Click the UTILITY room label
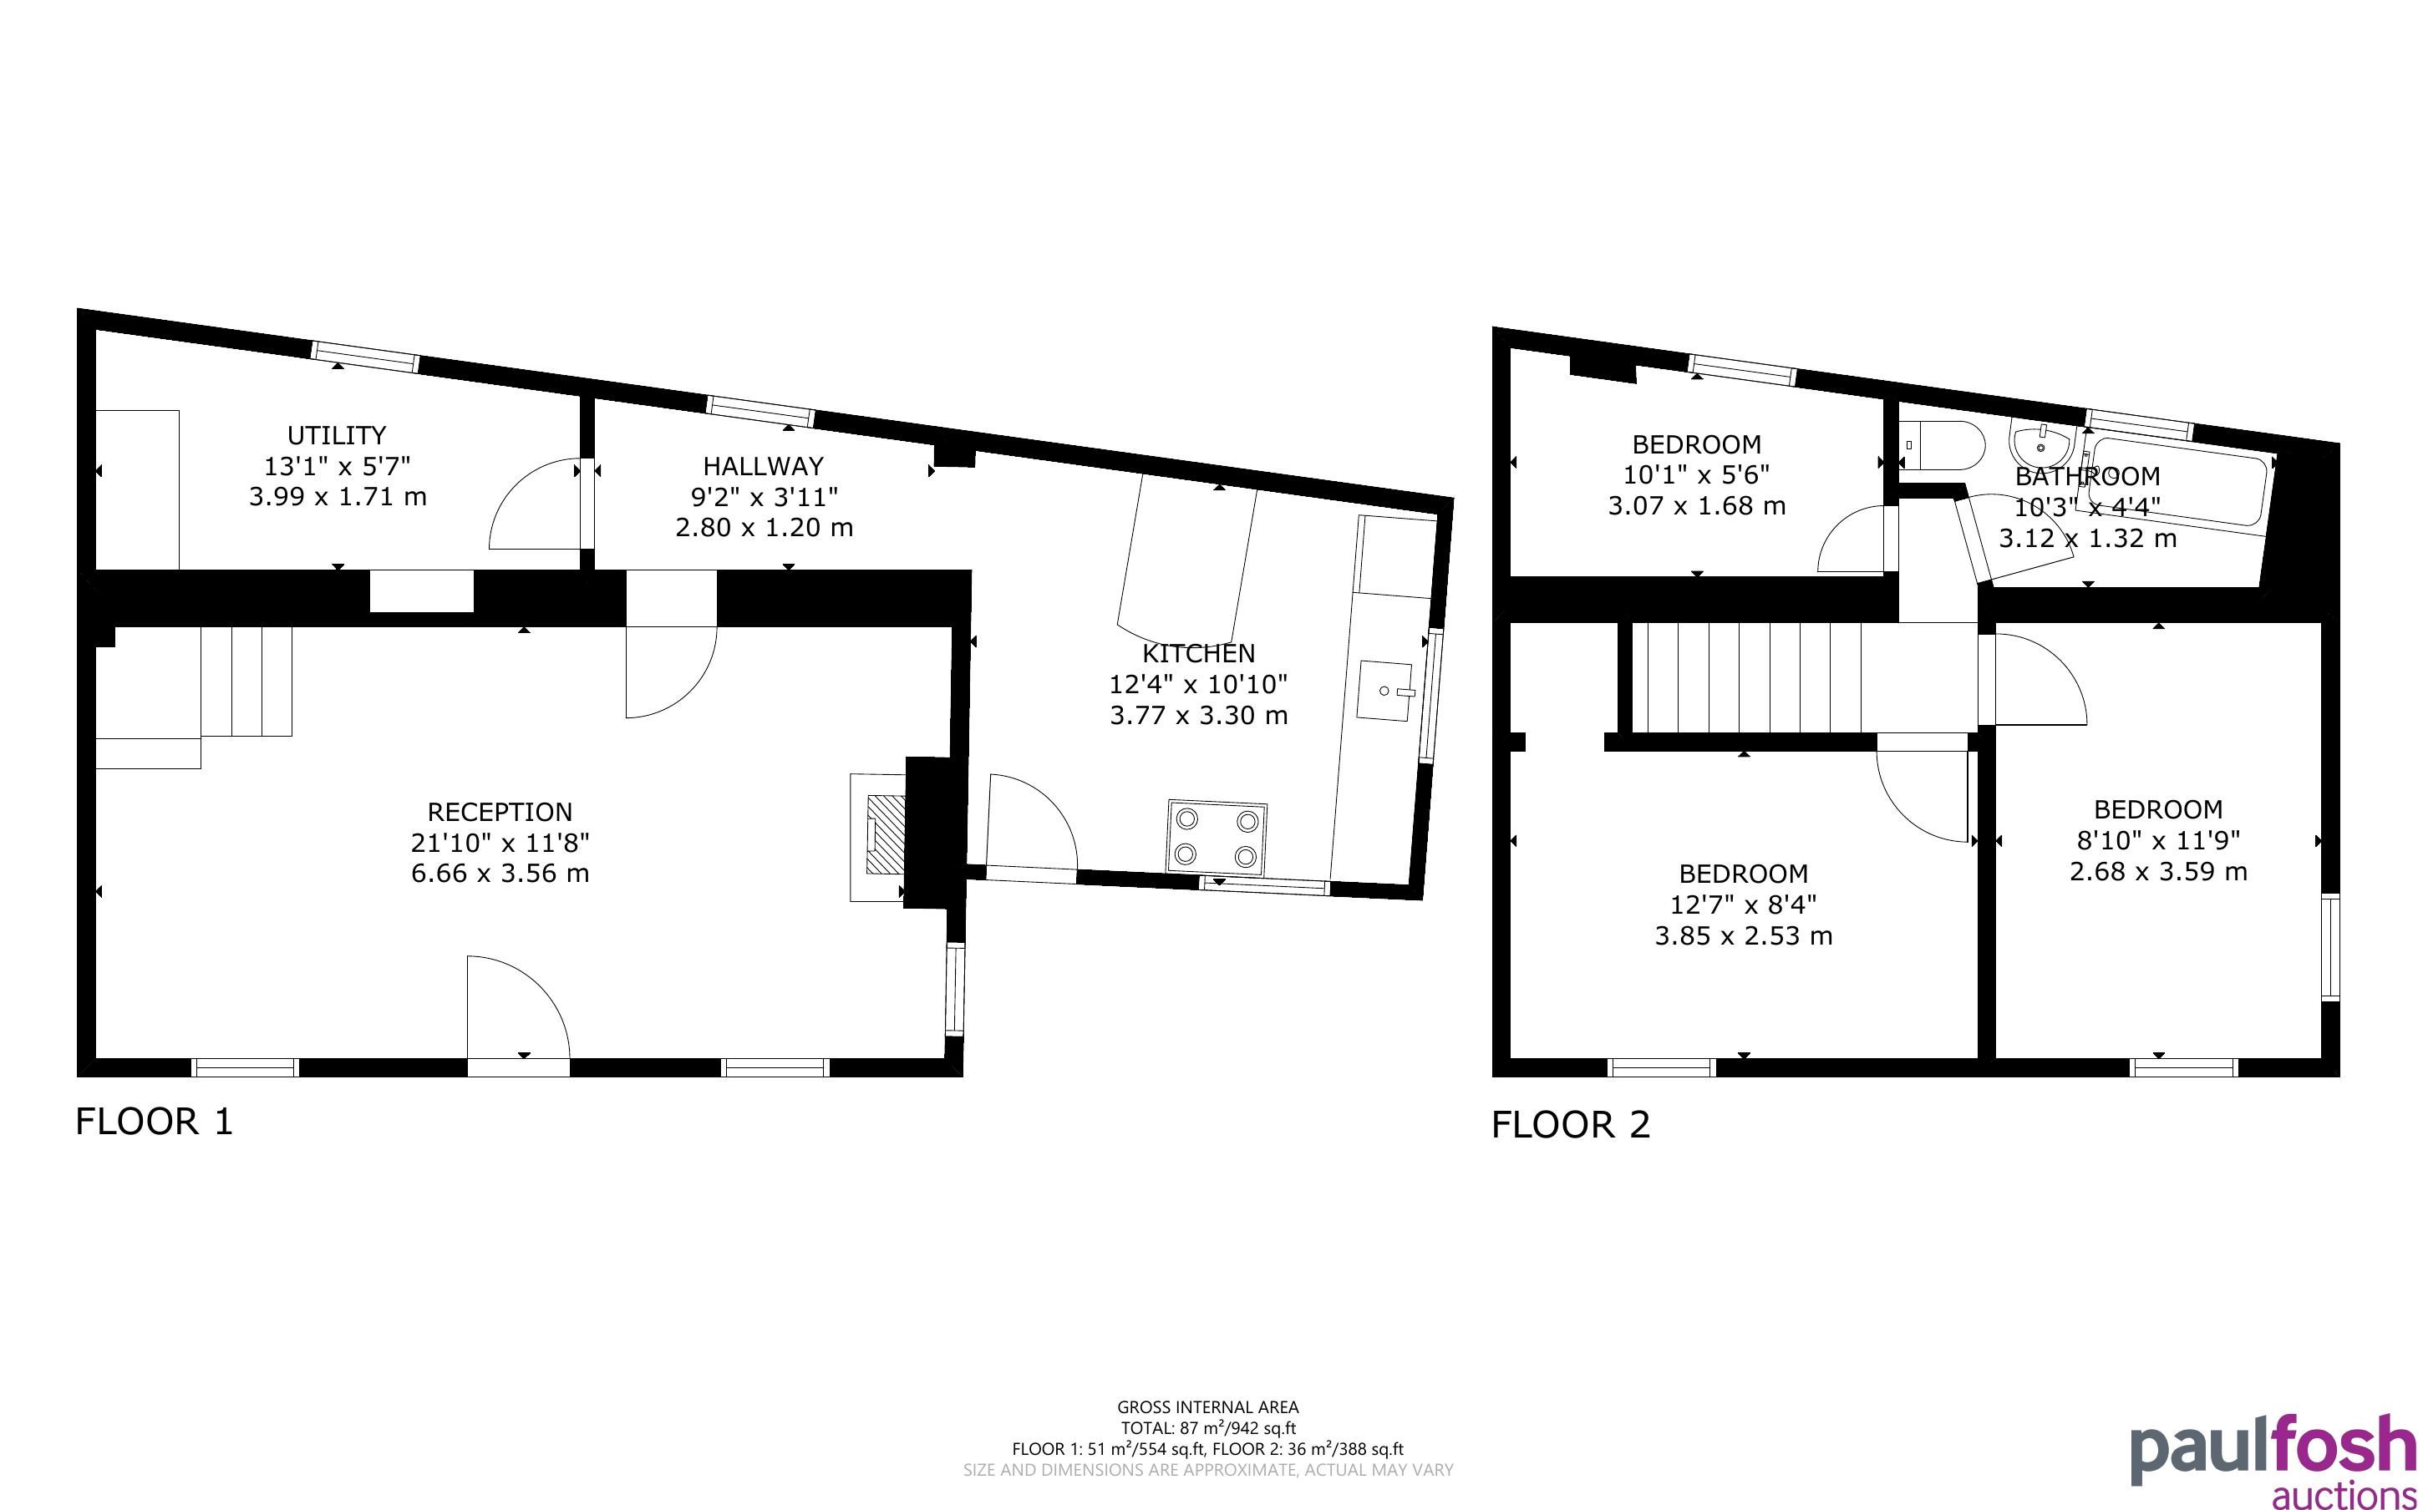tap(337, 435)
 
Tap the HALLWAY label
tap(763, 466)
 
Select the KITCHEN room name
tap(1198, 653)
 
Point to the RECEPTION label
tap(500, 812)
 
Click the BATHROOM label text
tap(2087, 476)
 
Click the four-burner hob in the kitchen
tap(1216, 838)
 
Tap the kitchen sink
tap(1385, 691)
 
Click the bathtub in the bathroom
tap(2177, 479)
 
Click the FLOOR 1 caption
tap(154, 1122)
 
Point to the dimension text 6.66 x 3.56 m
tap(500, 874)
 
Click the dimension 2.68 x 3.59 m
tap(2158, 872)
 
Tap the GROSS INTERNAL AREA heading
tap(1207, 1408)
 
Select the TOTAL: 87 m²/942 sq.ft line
tap(1207, 1429)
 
